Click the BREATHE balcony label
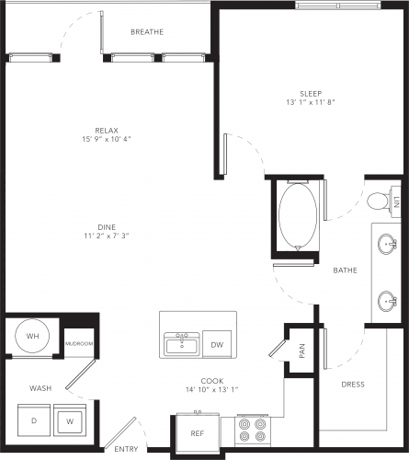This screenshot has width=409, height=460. click(147, 32)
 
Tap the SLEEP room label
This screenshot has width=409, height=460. click(311, 94)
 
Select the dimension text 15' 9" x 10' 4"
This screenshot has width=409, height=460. click(107, 139)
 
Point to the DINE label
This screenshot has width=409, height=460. click(107, 227)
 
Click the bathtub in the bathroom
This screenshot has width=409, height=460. click(298, 215)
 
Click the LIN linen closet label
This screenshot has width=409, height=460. click(397, 201)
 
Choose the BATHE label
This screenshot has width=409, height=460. click(345, 270)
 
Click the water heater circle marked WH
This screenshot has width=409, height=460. click(33, 336)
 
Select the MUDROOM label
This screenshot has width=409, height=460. click(79, 344)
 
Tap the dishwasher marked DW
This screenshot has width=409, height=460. click(217, 344)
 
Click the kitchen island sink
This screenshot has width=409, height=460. click(182, 344)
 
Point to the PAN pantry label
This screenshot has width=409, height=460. click(302, 351)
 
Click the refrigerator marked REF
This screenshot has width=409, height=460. click(198, 433)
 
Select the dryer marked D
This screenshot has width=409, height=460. click(34, 420)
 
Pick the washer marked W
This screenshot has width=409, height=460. click(70, 420)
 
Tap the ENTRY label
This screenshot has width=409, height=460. click(126, 449)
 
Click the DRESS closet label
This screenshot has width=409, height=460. click(353, 385)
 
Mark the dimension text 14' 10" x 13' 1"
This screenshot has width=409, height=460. click(212, 390)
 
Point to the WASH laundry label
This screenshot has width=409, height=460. click(40, 388)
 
